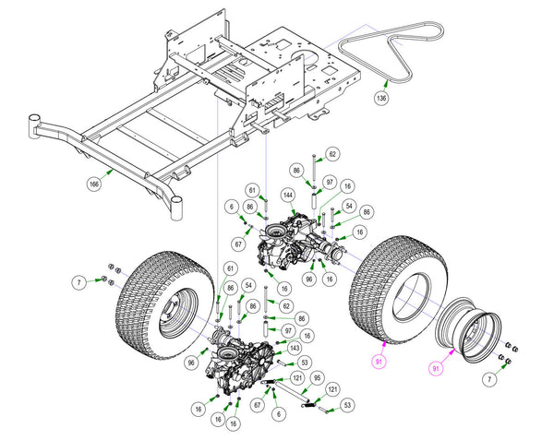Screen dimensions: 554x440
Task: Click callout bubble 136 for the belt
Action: [x=381, y=98]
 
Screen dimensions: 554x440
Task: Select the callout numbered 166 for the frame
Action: [x=94, y=184]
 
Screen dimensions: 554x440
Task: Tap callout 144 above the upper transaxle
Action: [x=288, y=196]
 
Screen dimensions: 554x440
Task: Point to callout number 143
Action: [x=295, y=349]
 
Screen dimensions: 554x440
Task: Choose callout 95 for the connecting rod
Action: [x=318, y=378]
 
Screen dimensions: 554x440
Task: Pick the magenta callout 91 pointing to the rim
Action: [x=436, y=369]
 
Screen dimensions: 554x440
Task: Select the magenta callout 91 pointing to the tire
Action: [x=379, y=362]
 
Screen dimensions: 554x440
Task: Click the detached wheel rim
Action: [x=468, y=330]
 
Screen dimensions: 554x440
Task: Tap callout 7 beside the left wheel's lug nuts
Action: [x=78, y=282]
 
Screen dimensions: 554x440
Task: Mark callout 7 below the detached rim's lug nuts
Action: [x=489, y=380]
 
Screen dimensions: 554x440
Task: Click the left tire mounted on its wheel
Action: [x=164, y=305]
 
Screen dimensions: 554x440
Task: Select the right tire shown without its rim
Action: [x=399, y=289]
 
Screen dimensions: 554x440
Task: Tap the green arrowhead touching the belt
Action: [x=386, y=83]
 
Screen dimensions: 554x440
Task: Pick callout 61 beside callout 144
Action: [x=252, y=191]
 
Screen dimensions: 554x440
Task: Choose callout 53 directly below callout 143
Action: [x=304, y=362]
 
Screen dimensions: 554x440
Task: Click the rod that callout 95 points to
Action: [x=292, y=392]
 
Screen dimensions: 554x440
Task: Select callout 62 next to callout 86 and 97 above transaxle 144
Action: [x=332, y=154]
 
